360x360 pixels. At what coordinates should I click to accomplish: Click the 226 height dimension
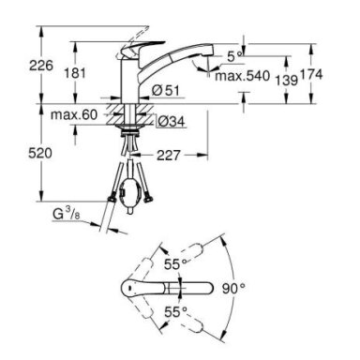click(41, 66)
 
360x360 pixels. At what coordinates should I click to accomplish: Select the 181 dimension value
click(75, 73)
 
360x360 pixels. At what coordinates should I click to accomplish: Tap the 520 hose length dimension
click(40, 153)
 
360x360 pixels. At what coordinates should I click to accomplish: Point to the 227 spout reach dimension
click(169, 155)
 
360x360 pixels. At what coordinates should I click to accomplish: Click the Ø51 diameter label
click(166, 91)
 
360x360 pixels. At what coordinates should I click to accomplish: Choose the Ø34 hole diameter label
click(172, 121)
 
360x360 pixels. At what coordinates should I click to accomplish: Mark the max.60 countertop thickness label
click(74, 114)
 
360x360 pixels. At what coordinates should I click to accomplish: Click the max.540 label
click(242, 76)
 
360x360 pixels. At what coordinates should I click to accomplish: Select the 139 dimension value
click(287, 81)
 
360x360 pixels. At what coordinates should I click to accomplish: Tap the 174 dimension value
click(311, 74)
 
